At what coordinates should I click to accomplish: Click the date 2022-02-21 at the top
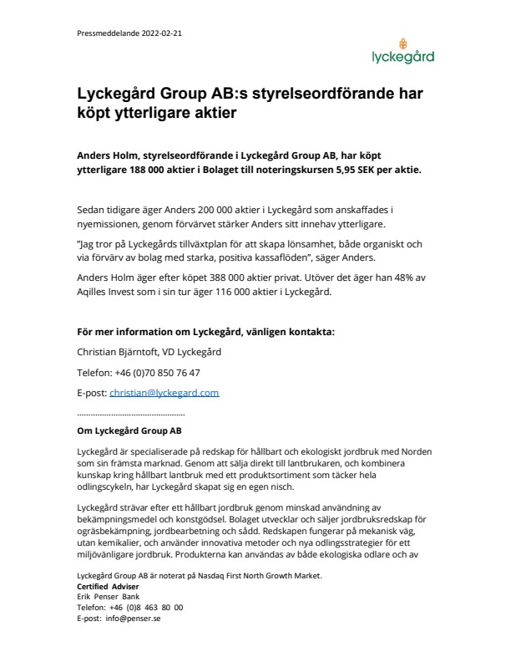(x=164, y=34)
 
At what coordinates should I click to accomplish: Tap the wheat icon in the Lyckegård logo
(x=404, y=43)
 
